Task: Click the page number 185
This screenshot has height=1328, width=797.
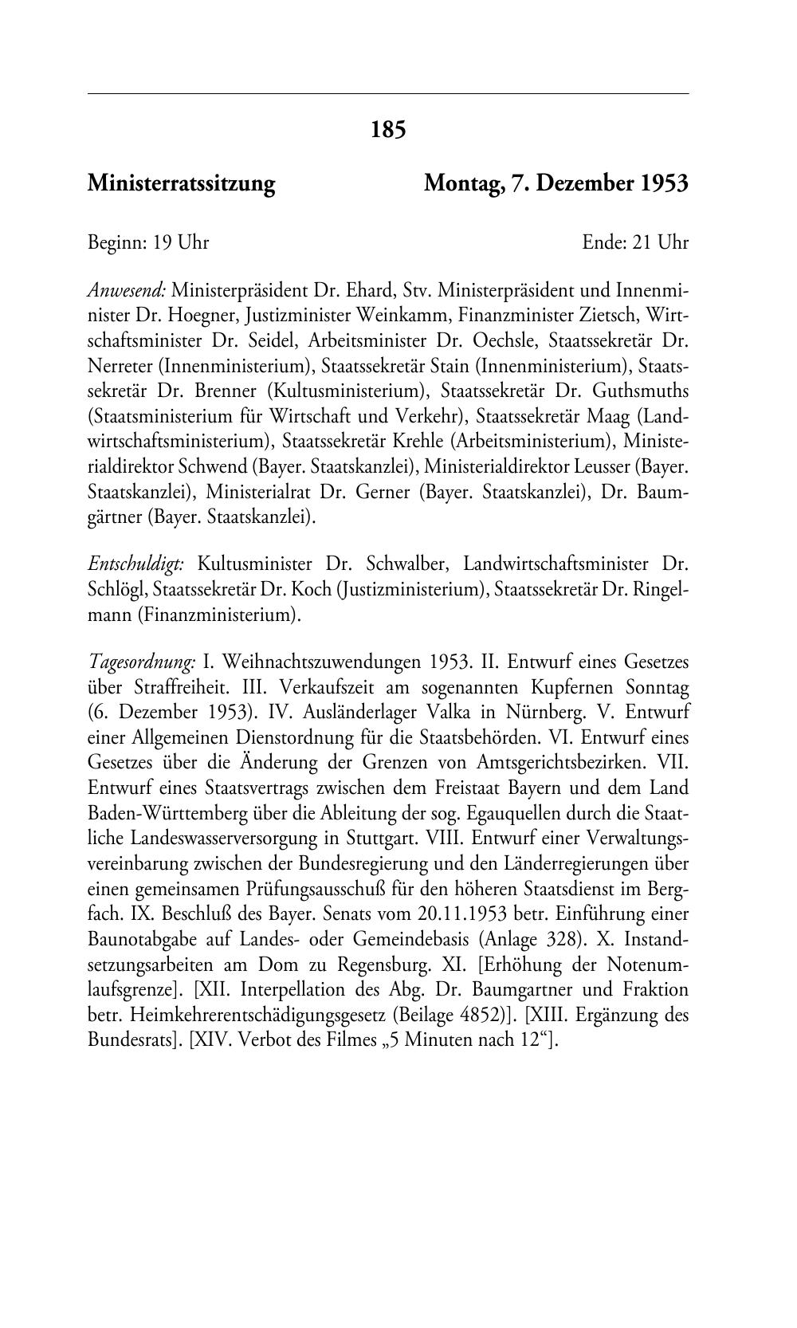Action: coord(388,129)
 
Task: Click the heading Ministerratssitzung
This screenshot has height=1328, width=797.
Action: coord(181,184)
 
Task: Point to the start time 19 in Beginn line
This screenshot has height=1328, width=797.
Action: coord(163,242)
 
